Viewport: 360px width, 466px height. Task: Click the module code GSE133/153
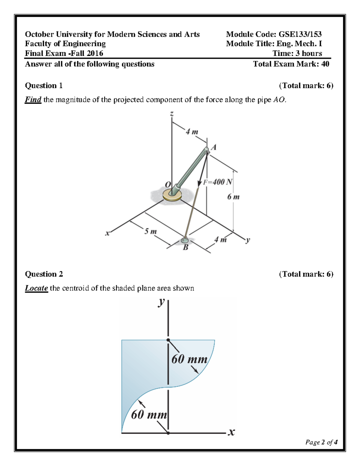pyautogui.click(x=300, y=34)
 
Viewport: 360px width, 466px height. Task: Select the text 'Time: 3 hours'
pyautogui.click(x=297, y=53)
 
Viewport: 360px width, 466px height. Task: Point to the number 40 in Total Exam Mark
pyautogui.click(x=325, y=64)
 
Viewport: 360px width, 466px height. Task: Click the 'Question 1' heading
pyautogui.click(x=44, y=86)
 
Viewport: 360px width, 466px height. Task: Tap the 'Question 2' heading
pyautogui.click(x=44, y=274)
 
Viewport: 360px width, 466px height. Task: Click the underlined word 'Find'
pyautogui.click(x=33, y=100)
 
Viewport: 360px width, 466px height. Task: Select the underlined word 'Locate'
pyautogui.click(x=36, y=288)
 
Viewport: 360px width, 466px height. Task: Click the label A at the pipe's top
pyautogui.click(x=214, y=147)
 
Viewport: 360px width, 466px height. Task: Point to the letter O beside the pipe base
pyautogui.click(x=168, y=184)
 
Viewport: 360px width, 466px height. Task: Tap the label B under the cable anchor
pyautogui.click(x=186, y=248)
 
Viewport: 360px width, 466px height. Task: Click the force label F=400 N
pyautogui.click(x=218, y=182)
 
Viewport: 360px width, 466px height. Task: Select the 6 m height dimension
pyautogui.click(x=233, y=197)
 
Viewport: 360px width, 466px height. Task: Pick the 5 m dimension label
pyautogui.click(x=150, y=231)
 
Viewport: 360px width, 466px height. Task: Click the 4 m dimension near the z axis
pyautogui.click(x=192, y=132)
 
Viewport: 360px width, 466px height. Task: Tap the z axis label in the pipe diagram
pyautogui.click(x=172, y=114)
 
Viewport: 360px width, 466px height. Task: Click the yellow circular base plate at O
pyautogui.click(x=172, y=195)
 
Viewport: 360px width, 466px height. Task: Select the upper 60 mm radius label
pyautogui.click(x=189, y=359)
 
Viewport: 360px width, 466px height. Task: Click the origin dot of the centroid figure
pyautogui.click(x=168, y=433)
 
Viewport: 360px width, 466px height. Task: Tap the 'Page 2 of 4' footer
pyautogui.click(x=321, y=442)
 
